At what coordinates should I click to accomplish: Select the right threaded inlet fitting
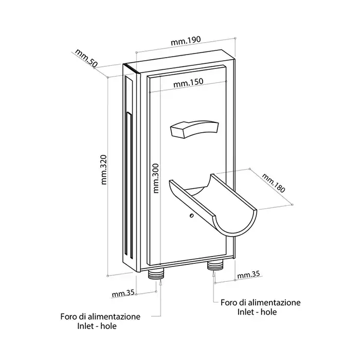tap(214, 266)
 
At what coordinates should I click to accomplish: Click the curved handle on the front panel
tap(192, 129)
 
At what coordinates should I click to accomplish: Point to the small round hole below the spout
tap(191, 216)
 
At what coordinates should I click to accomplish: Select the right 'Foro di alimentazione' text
tap(261, 302)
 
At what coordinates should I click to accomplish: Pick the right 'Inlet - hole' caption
tap(261, 312)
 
